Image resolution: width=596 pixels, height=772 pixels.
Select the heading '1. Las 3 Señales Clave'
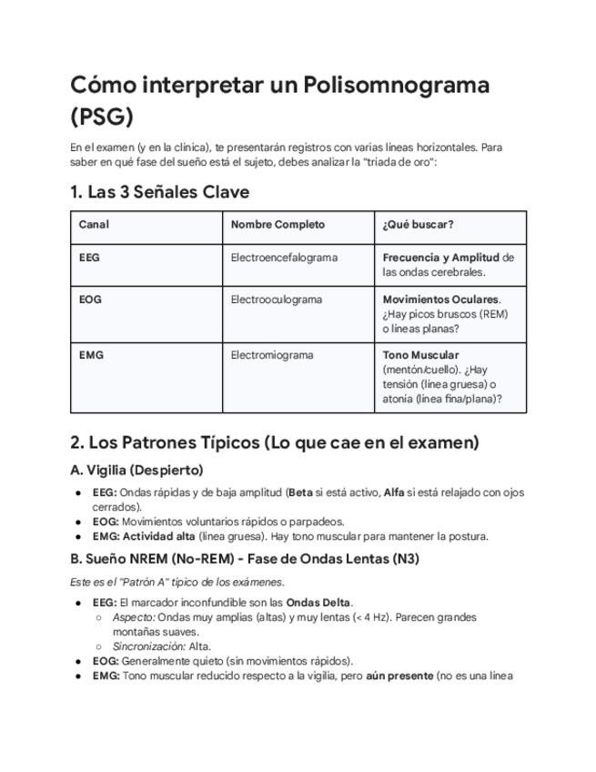159,192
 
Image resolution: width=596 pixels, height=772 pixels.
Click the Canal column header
94,224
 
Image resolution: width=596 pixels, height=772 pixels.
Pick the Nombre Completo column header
278,224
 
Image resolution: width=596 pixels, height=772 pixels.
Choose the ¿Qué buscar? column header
418,224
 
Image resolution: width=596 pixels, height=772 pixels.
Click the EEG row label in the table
89,258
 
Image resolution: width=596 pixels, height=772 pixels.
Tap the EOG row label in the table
90,300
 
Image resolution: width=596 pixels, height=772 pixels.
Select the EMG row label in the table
91,355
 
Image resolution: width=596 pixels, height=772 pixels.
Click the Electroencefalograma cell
284,258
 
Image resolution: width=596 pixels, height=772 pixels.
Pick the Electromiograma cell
272,355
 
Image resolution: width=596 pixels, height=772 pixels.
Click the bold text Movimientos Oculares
440,300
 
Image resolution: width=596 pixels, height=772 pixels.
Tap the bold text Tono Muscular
420,355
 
